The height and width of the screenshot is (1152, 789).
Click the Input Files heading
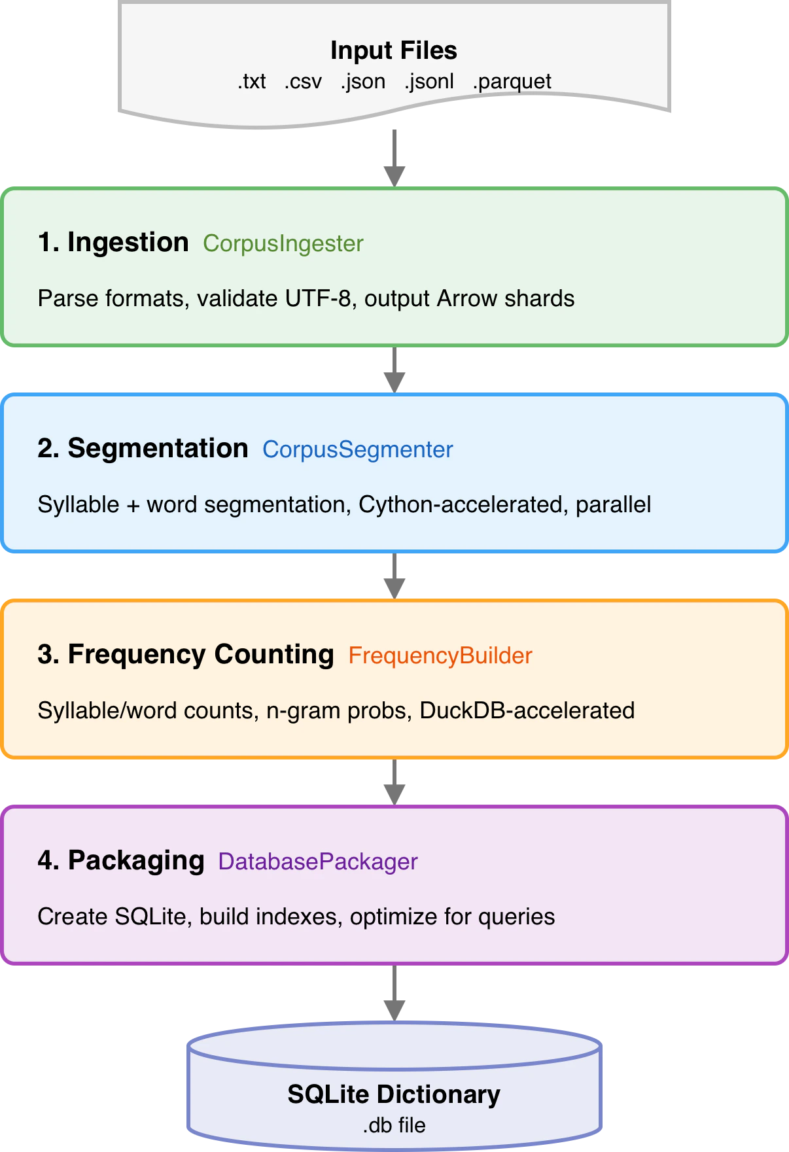(393, 50)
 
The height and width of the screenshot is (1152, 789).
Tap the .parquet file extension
(512, 81)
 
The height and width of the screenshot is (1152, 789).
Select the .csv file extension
(303, 81)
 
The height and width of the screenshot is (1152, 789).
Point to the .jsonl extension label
(429, 81)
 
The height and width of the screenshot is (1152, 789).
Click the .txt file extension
(252, 81)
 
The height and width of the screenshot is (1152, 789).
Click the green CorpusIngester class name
(283, 243)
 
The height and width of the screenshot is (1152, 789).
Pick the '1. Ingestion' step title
(113, 242)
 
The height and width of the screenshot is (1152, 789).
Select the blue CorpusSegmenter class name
(357, 449)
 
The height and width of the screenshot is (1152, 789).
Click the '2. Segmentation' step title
(143, 448)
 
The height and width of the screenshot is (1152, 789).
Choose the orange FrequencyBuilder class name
(440, 655)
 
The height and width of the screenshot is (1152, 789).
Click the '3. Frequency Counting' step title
(186, 654)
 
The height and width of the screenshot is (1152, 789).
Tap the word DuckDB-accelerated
(527, 710)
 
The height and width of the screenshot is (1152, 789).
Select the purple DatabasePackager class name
(317, 862)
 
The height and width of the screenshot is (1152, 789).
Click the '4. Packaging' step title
(121, 860)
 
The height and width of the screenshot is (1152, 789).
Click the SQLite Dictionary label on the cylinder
(394, 1094)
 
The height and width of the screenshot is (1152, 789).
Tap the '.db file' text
(394, 1125)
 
